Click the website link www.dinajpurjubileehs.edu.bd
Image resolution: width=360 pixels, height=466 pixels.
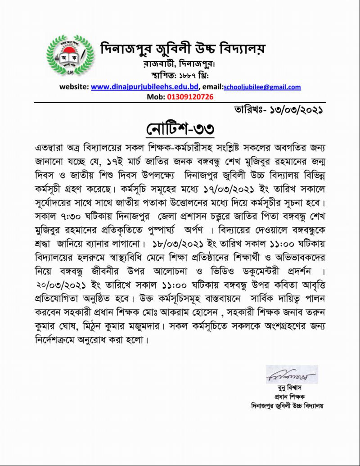(x=145, y=87)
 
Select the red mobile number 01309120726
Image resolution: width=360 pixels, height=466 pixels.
(x=190, y=96)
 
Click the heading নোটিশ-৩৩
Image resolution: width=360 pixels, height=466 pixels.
(x=180, y=129)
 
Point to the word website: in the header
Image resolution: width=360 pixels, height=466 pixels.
(x=74, y=87)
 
